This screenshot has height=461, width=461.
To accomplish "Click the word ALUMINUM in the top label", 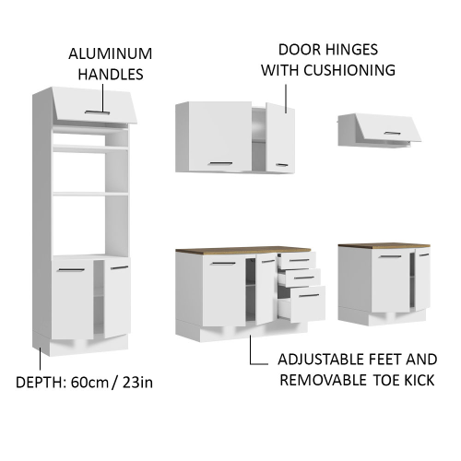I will [x=110, y=54].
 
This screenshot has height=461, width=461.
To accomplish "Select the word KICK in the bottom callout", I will [x=414, y=381].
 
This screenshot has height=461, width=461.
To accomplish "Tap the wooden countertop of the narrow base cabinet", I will [x=384, y=246].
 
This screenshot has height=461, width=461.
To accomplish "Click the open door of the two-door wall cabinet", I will [x=280, y=136].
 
